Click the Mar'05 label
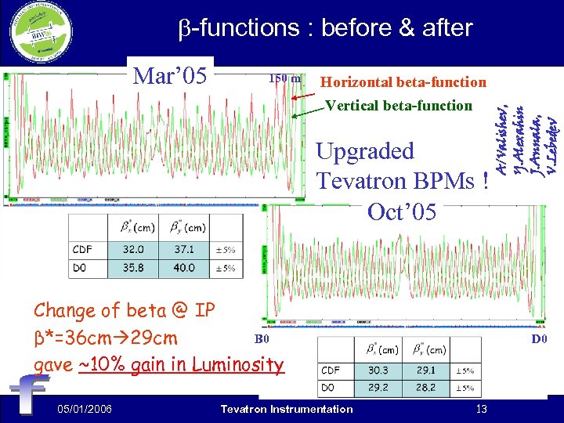point(171,76)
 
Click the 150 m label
point(285,78)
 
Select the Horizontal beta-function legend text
point(403,82)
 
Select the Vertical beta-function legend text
point(399,105)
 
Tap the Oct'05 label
point(402,211)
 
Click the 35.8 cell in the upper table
point(133,268)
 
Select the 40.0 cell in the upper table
point(185,268)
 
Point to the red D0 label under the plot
point(539,339)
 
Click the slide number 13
point(482,409)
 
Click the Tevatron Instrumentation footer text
point(287,409)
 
